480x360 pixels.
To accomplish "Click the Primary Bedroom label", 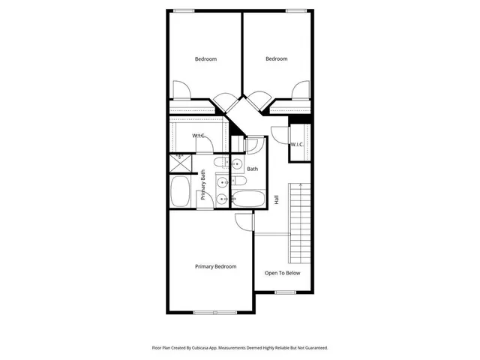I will tap(215, 267).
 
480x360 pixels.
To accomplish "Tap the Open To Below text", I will tap(282, 273).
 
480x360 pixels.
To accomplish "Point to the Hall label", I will tap(276, 200).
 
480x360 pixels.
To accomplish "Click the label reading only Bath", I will tap(253, 169).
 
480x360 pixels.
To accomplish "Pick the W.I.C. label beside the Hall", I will tap(296, 144).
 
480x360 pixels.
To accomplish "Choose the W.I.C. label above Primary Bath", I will tap(199, 136).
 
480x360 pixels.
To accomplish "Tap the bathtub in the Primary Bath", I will tap(181, 192).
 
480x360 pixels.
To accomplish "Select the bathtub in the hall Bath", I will tap(247, 199).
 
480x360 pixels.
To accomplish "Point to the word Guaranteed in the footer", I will tap(315, 348).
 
